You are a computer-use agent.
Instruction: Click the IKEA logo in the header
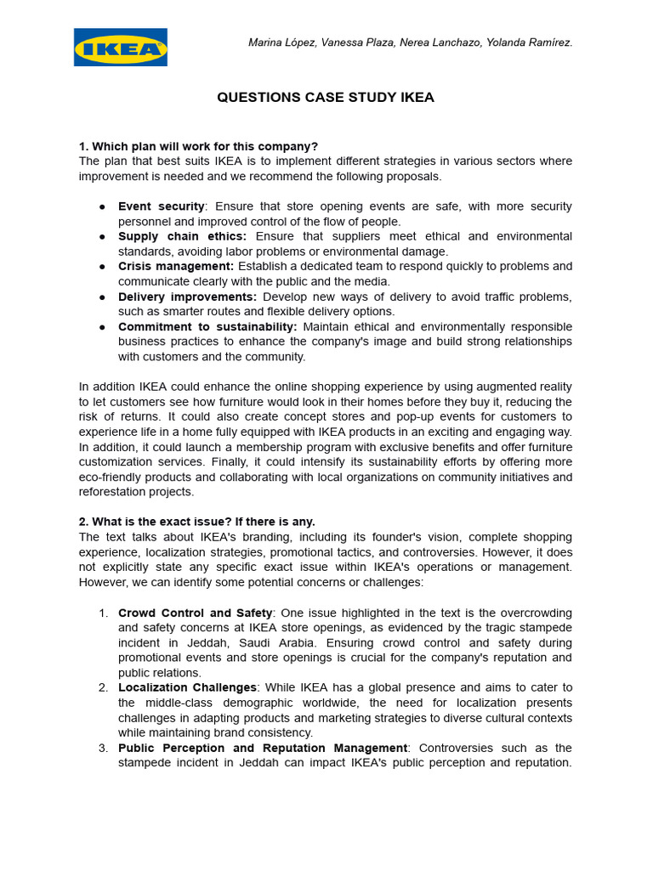pos(120,47)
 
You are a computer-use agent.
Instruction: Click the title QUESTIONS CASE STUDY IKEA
pos(326,98)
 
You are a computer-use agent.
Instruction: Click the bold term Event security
pos(161,206)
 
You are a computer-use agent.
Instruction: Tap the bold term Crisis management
pos(176,266)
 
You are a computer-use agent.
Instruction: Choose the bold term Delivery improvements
pos(187,297)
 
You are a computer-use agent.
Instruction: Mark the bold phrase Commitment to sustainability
pos(207,326)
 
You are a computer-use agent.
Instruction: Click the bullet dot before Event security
pos(102,206)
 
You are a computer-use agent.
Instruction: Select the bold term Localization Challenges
pos(187,687)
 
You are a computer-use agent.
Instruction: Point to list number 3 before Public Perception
pos(103,748)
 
